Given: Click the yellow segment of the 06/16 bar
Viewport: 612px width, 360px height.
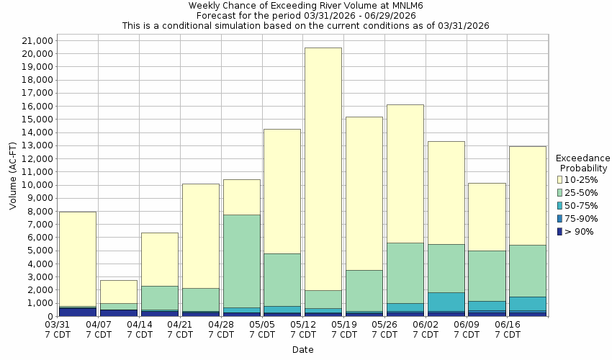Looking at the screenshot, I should tap(528, 195).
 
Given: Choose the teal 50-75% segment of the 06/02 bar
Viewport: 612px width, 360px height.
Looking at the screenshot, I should tap(446, 302).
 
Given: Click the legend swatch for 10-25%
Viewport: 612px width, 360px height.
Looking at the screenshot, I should tap(559, 179).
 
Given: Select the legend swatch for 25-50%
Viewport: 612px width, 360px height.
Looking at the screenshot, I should tap(559, 192).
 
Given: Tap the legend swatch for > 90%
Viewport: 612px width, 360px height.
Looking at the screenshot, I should tap(559, 231).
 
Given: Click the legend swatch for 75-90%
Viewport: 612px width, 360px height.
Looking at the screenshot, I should tap(559, 218).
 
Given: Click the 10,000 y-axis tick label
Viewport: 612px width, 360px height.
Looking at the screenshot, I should tap(34, 185).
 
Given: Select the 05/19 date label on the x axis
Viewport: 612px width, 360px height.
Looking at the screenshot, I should tap(344, 330).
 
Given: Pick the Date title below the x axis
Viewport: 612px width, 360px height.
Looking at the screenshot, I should tap(302, 350).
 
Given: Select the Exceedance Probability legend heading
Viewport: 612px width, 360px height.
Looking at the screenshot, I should tap(582, 163).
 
